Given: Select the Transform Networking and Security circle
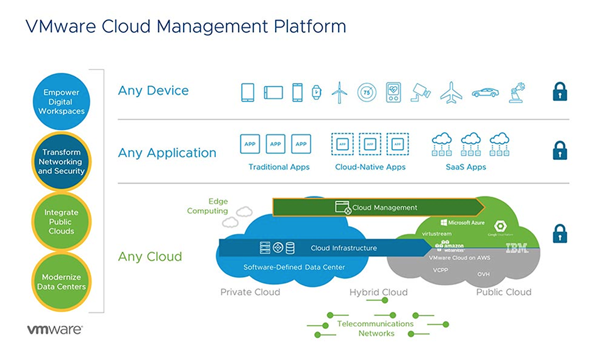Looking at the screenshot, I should [61, 162].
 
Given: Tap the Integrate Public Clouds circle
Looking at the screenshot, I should [61, 221].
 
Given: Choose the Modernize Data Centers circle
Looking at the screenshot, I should [61, 281].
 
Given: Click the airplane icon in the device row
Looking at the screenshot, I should [450, 93].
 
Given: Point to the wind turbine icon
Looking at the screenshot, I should [339, 93].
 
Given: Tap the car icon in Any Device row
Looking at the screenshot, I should [485, 93].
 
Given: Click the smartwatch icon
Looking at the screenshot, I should [316, 93].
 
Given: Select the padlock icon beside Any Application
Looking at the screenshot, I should [560, 150].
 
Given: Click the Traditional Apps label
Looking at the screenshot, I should [279, 167].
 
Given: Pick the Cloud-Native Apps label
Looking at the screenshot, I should [370, 167].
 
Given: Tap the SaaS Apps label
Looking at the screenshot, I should [466, 167].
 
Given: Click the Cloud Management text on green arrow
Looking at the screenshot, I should [385, 207].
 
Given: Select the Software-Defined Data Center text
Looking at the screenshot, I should [294, 267].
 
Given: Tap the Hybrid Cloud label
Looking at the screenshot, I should [378, 292].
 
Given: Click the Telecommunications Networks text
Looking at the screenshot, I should [376, 328].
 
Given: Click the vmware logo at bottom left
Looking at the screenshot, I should [54, 329].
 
